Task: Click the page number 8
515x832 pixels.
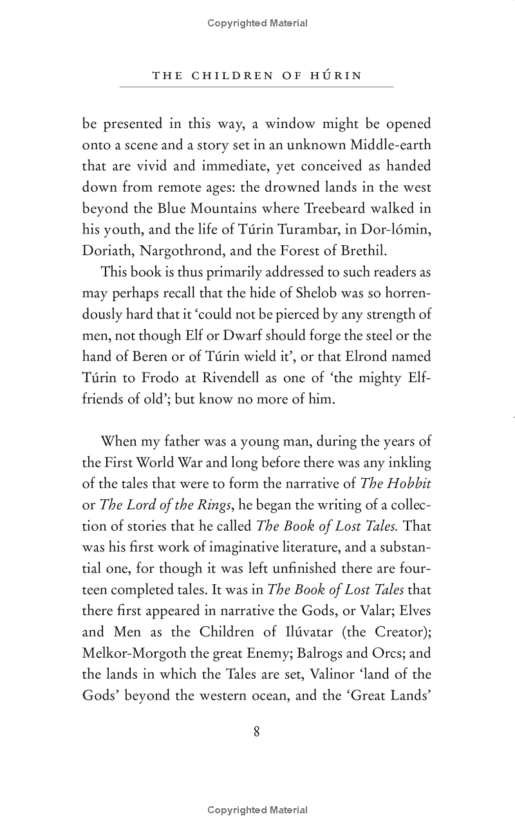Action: pyautogui.click(x=257, y=732)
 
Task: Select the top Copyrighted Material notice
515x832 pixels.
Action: pyautogui.click(x=257, y=23)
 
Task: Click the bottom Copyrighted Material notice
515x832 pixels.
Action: pyautogui.click(x=257, y=810)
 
